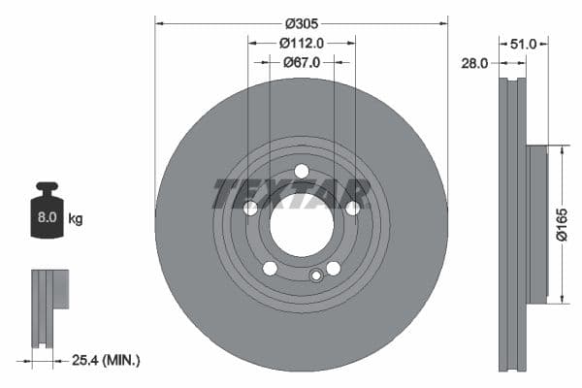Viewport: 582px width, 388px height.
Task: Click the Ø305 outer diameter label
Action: (301, 20)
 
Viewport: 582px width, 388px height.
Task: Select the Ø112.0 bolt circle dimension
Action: (301, 43)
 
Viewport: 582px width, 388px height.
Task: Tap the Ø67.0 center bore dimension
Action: (302, 62)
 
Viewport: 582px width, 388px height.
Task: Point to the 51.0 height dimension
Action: (524, 43)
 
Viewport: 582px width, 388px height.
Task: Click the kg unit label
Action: (77, 219)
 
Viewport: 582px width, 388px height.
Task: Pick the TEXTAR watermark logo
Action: (292, 194)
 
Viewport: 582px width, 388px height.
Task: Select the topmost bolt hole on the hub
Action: (302, 172)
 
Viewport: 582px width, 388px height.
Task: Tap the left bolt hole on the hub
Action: (250, 209)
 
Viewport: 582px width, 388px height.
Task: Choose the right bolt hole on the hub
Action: (353, 208)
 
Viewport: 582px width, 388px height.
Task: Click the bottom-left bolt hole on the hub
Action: (270, 269)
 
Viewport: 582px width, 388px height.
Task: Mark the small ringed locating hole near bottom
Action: (315, 276)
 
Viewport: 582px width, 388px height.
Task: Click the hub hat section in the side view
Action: (537, 223)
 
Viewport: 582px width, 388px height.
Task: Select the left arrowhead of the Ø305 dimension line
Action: (160, 20)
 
